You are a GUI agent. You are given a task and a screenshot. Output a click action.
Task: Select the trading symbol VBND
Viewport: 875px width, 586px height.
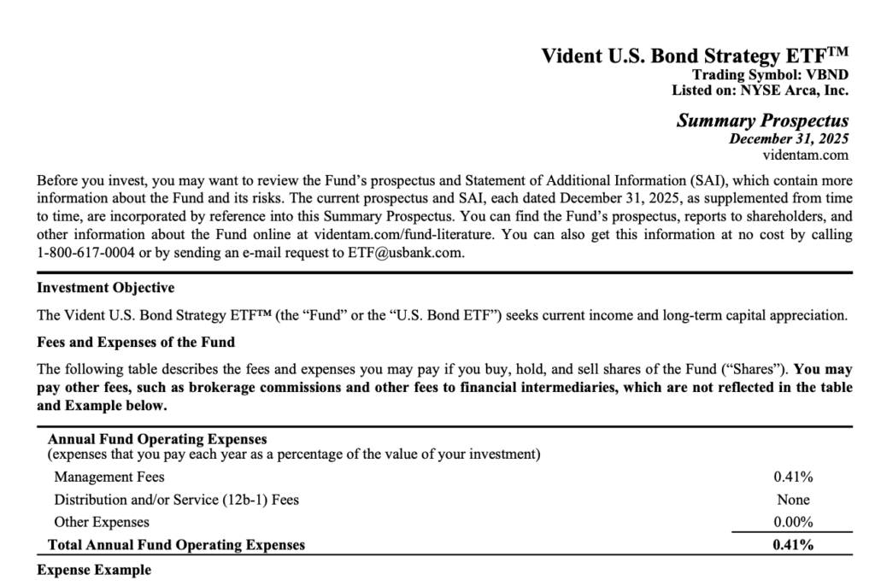point(825,75)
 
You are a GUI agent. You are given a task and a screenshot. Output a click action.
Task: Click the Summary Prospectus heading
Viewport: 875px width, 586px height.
point(762,120)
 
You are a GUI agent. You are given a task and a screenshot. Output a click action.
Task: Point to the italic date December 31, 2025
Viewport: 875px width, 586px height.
point(789,138)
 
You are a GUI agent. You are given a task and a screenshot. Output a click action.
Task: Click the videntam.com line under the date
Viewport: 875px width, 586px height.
point(806,155)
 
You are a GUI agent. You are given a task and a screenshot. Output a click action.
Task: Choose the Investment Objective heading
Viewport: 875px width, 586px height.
point(105,288)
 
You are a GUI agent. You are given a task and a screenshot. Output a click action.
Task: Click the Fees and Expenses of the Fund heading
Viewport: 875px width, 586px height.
point(136,343)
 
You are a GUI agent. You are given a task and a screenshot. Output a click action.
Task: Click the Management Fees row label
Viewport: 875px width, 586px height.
point(109,477)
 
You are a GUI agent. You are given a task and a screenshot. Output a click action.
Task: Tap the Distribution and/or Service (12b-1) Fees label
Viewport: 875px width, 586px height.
point(176,500)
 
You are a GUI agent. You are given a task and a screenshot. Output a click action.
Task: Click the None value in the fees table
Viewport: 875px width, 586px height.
point(792,500)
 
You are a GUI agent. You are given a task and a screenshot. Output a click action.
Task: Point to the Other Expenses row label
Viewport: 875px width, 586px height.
point(101,522)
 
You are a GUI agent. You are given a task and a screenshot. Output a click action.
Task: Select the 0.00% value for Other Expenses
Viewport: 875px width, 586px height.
point(792,522)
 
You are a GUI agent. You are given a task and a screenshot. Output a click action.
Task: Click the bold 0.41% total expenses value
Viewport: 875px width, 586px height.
point(792,545)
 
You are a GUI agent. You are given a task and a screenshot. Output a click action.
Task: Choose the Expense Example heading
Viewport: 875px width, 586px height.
point(94,570)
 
